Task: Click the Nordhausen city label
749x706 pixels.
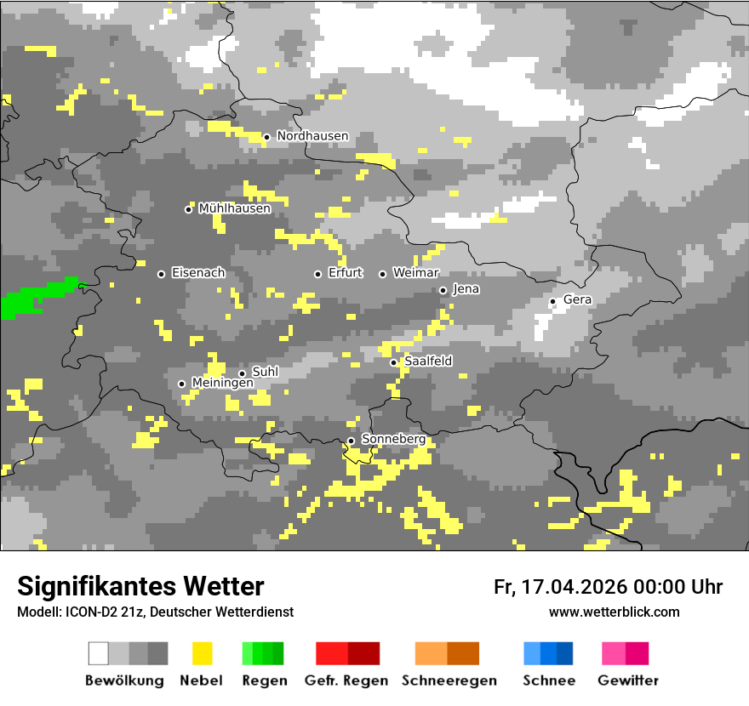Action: coord(312,136)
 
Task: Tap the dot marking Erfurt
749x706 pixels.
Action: coord(317,274)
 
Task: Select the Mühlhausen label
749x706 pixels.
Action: coord(234,208)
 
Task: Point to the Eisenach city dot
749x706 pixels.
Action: coord(161,274)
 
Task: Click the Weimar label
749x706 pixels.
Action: coord(415,273)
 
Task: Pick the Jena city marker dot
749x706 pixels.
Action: coord(443,290)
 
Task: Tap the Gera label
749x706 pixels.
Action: coord(577,299)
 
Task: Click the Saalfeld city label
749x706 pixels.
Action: coord(428,362)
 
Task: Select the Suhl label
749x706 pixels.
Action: coord(265,373)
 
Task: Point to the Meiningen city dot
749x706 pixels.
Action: coord(181,384)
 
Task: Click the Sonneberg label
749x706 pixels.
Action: coord(393,439)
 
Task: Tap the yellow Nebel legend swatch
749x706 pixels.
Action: coord(202,653)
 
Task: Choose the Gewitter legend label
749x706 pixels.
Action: coord(627,680)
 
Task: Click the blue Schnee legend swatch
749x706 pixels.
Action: coord(548,653)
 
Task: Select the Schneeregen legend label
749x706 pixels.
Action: coord(449,680)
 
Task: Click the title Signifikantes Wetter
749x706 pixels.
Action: coord(140,586)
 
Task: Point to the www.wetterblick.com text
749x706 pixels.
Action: coord(614,612)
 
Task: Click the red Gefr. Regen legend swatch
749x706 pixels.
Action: coord(347,653)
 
